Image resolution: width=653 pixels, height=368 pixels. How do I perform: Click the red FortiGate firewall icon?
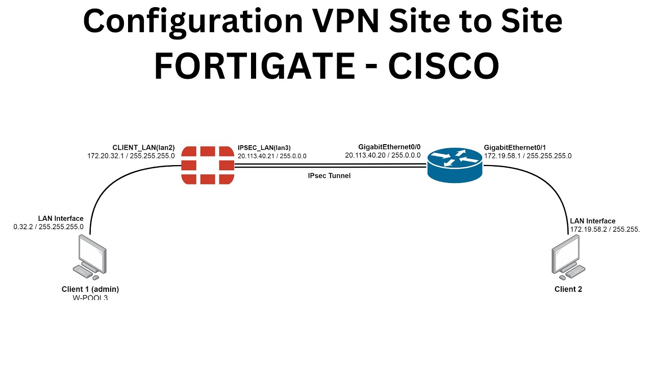[x=208, y=165]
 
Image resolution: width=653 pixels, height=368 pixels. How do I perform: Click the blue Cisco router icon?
[x=454, y=165]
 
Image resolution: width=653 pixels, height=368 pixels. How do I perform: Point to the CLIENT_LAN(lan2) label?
[x=143, y=147]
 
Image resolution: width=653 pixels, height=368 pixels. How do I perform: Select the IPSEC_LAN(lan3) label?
[x=264, y=147]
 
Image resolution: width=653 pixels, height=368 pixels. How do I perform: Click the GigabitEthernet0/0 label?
[x=389, y=147]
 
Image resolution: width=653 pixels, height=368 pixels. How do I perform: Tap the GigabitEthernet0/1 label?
[x=516, y=147]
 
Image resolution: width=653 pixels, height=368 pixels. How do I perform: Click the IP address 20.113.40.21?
[x=256, y=156]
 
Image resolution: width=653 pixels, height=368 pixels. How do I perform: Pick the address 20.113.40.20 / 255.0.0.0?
[x=383, y=155]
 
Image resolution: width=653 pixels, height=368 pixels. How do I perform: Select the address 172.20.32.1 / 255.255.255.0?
[x=131, y=155]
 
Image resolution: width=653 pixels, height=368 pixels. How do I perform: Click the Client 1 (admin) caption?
[x=90, y=289]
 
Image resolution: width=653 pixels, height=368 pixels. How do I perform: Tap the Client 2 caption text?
[x=568, y=289]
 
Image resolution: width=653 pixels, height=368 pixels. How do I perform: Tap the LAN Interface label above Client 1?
[x=61, y=219]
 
